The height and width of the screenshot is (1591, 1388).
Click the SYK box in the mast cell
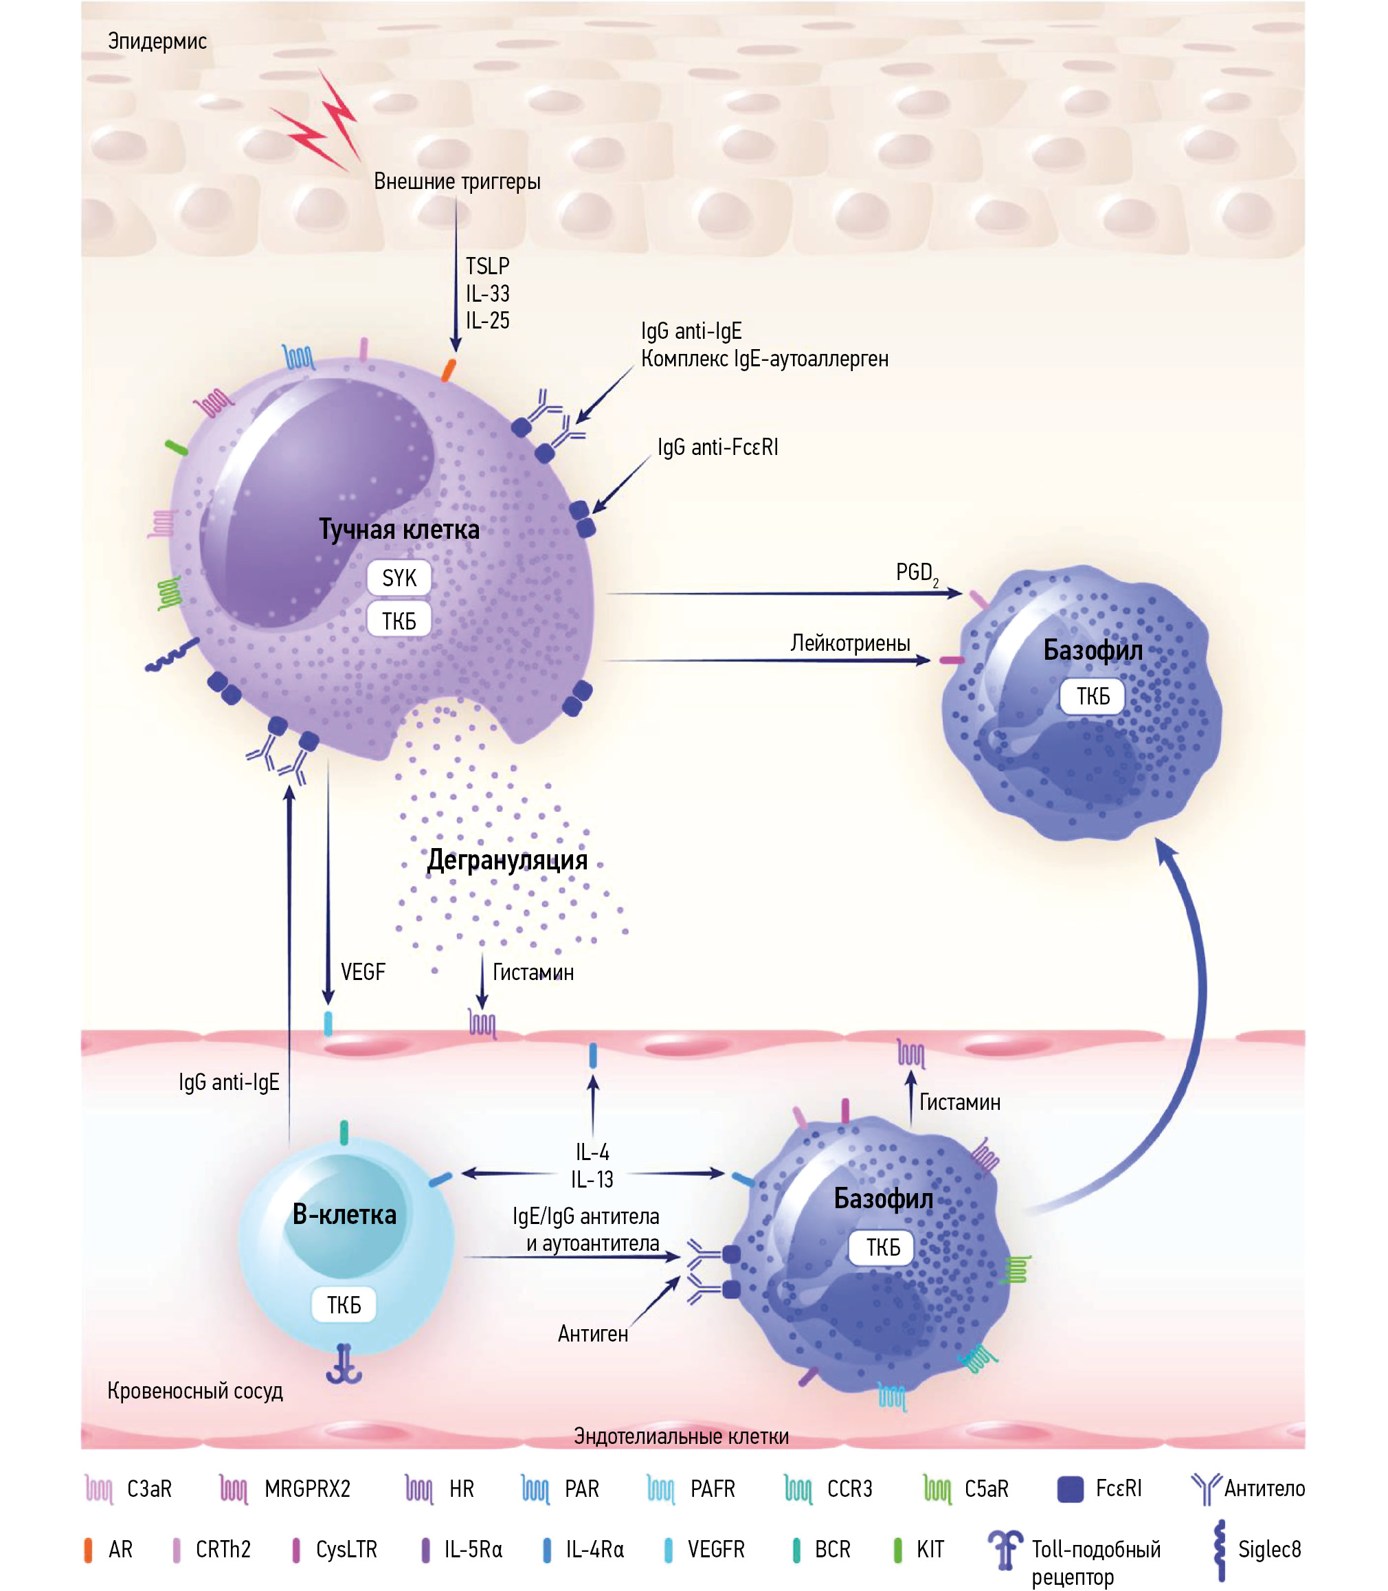(x=399, y=578)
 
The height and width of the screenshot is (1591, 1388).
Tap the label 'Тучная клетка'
(x=399, y=530)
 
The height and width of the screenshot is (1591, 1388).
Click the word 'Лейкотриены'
(x=850, y=643)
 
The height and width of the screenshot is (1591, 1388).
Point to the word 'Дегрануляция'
(x=507, y=860)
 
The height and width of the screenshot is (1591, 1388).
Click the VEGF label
(x=363, y=972)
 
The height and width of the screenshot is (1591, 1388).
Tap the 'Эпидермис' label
(x=157, y=41)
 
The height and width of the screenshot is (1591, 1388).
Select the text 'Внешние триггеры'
(x=457, y=181)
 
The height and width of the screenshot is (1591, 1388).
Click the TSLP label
(x=487, y=267)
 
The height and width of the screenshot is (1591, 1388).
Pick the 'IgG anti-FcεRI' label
(x=717, y=447)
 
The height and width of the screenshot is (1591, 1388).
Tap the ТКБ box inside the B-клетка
(x=344, y=1305)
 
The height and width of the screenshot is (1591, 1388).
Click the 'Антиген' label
(x=592, y=1334)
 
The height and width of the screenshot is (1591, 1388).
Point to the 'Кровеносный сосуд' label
(x=195, y=1391)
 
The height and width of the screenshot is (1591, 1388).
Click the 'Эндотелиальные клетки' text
(x=681, y=1436)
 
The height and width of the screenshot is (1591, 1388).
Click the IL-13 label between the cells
(x=592, y=1180)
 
